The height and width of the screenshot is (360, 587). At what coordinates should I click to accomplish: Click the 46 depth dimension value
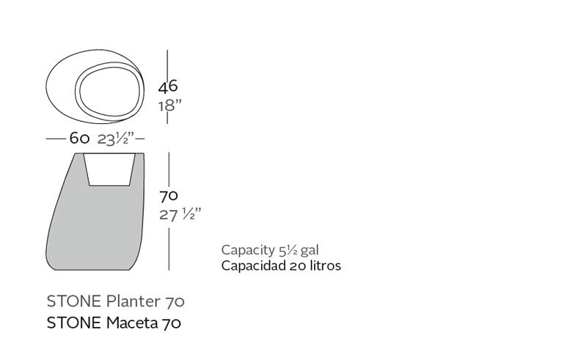[x=168, y=87]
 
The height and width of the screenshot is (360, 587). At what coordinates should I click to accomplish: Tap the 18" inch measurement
[x=169, y=106]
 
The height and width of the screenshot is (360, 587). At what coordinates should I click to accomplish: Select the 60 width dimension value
[x=79, y=139]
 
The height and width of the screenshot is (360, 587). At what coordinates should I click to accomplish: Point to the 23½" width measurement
[x=116, y=139]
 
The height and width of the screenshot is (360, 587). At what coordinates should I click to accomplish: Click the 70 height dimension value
[x=169, y=196]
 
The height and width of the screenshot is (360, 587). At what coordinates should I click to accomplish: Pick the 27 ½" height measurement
[x=180, y=214]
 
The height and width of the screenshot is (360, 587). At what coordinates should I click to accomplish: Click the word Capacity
[x=248, y=250]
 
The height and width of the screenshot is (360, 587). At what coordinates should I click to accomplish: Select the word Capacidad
[x=253, y=265]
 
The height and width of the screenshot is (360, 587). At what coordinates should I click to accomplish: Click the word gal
[x=310, y=251]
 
